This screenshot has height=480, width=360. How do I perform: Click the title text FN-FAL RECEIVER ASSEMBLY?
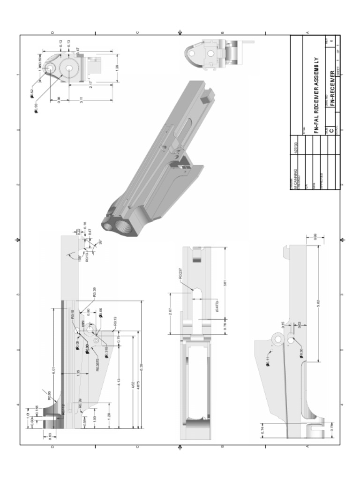pyautogui.click(x=316, y=95)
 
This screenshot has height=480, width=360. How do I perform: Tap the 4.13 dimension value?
pyautogui.click(x=119, y=382)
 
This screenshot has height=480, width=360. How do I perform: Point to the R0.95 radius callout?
pyautogui.click(x=49, y=395)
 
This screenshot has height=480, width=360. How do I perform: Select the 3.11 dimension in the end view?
pyautogui.click(x=82, y=99)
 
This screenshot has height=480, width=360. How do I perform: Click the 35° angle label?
pyautogui.click(x=100, y=242)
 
